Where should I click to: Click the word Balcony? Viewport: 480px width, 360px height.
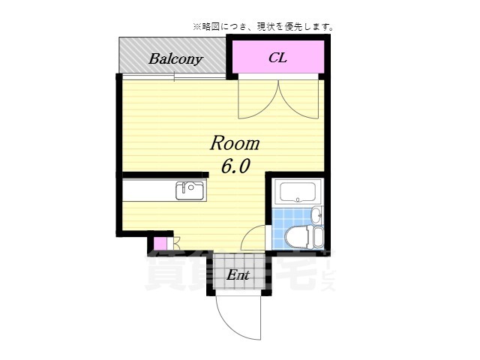[x=175, y=58]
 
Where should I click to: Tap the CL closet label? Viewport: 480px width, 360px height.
[x=278, y=57]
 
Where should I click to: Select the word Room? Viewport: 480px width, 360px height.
[x=234, y=142]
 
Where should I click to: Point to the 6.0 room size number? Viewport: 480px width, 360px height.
[x=234, y=166]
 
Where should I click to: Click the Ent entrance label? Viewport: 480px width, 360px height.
[x=238, y=275]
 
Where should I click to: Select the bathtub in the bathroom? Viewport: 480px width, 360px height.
[x=298, y=192]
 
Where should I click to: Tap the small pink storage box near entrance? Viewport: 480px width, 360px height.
[x=160, y=244]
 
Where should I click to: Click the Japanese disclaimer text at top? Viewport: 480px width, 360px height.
[x=262, y=27]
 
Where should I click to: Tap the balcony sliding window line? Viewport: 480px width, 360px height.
[x=174, y=76]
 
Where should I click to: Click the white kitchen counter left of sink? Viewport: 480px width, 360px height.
[x=148, y=191]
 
